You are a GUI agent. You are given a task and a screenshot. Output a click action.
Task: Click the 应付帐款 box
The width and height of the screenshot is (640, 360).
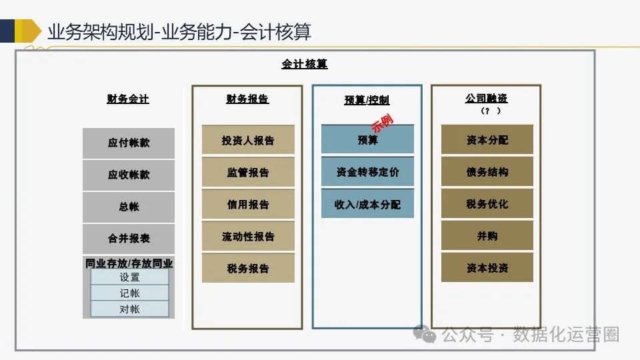tap(129, 143)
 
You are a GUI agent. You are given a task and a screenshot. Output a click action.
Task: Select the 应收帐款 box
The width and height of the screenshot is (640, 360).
tap(129, 175)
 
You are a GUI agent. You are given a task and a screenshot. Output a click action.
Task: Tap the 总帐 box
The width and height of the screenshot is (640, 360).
tap(129, 207)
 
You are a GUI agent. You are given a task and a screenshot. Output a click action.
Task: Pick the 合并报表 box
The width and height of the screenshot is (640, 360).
tap(129, 239)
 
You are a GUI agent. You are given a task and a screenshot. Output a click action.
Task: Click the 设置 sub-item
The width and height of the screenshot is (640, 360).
tap(129, 277)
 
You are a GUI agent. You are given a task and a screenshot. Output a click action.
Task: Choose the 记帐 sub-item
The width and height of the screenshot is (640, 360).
tap(129, 293)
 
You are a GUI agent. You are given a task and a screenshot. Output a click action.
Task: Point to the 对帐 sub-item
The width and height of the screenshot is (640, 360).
tap(129, 309)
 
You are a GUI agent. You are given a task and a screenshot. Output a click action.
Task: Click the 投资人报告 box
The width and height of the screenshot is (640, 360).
tap(248, 141)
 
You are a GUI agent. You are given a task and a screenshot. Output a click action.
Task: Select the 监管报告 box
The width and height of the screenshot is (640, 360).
tap(248, 173)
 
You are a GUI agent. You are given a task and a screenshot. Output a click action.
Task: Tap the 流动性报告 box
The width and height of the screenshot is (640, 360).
tap(248, 237)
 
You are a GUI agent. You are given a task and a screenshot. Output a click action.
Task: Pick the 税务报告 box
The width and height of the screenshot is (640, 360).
tap(248, 269)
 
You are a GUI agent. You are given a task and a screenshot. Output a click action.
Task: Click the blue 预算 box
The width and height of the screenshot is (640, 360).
tap(367, 141)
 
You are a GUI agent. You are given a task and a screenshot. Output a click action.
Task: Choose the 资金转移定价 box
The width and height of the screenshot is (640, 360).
tap(367, 173)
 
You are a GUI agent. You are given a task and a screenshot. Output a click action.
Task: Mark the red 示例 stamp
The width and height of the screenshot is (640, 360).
tap(382, 124)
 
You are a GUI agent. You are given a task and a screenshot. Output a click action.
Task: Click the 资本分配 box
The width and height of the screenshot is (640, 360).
tap(487, 140)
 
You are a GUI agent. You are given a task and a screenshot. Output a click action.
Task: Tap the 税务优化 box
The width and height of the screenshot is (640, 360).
tap(487, 204)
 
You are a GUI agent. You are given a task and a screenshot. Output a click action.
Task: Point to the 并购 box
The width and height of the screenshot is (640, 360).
tap(487, 236)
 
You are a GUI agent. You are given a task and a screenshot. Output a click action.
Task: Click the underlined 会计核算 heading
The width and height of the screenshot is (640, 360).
tap(305, 65)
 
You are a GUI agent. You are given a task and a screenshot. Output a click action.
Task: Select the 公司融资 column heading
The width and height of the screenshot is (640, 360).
tap(487, 99)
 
